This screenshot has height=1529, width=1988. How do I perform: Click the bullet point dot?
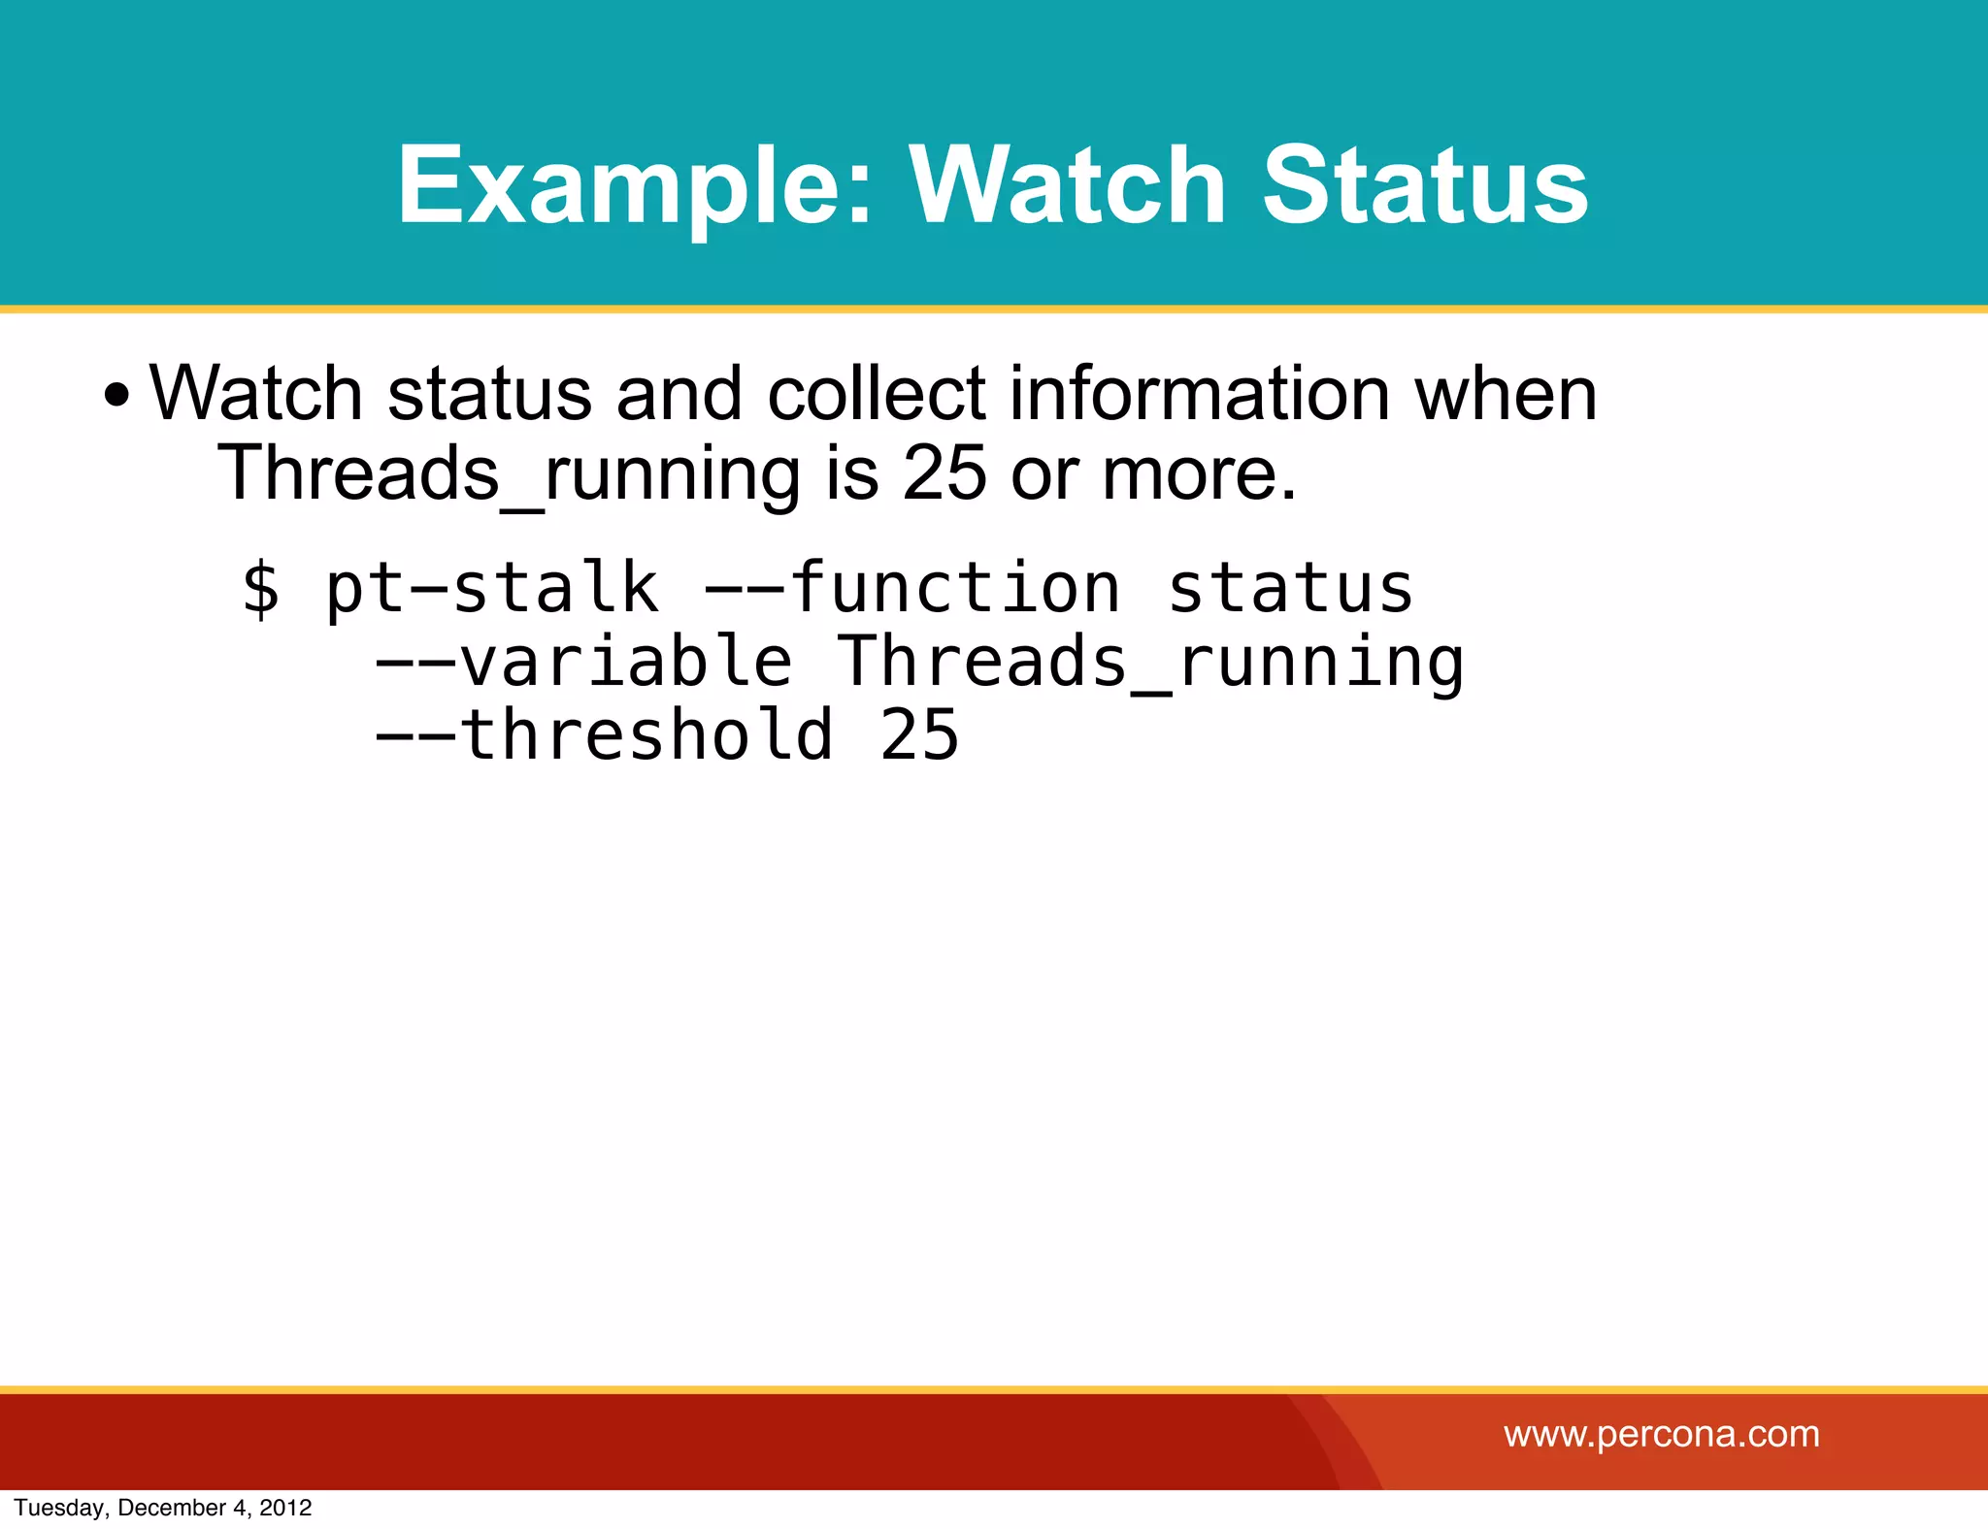116,396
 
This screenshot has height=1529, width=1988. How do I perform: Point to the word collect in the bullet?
876,393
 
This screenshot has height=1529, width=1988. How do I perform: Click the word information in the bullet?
1199,393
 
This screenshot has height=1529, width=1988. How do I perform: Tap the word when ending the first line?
1506,393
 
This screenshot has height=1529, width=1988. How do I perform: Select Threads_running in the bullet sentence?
509,472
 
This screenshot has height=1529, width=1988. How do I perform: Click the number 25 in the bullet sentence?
944,472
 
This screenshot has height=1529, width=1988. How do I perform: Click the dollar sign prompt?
261,588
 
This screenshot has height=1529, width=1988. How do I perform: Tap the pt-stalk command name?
491,588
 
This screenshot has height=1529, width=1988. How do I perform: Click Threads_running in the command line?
1150,662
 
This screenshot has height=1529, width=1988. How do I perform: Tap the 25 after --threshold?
919,734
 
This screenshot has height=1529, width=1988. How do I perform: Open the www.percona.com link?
1662,1434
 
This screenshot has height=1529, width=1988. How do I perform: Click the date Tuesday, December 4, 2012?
163,1508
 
